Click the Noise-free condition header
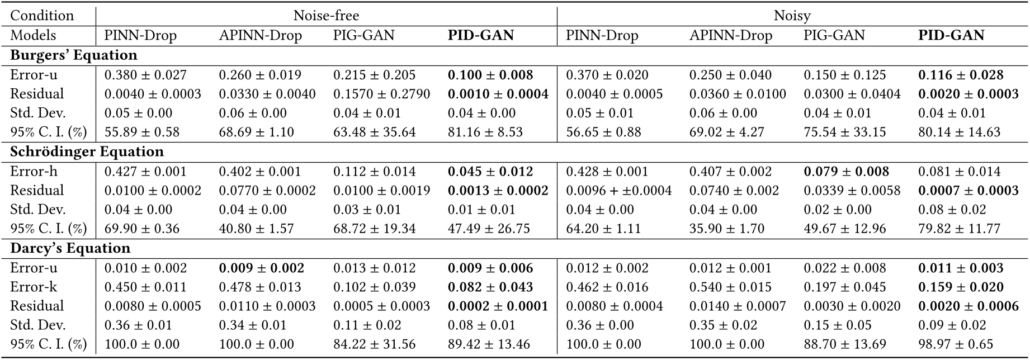(326, 16)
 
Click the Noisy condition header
(792, 16)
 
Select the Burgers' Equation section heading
(74, 55)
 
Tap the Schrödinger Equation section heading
(87, 152)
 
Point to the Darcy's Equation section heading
(70, 248)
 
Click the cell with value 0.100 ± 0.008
(490, 75)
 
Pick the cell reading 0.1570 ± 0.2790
(381, 94)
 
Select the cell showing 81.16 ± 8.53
(485, 132)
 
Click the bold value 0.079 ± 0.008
(846, 172)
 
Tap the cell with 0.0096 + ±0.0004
(618, 191)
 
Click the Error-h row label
(34, 172)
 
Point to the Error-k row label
(34, 287)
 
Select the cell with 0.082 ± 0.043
(490, 287)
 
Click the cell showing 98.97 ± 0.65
(956, 344)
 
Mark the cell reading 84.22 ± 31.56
(374, 344)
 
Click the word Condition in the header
(42, 16)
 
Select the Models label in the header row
(34, 35)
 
